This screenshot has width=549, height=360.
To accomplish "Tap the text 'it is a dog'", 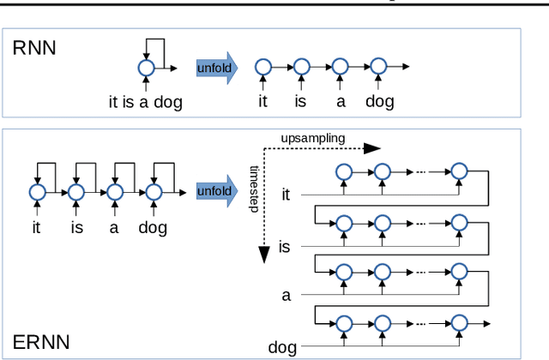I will [x=145, y=102].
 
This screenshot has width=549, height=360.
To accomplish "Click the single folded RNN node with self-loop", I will [x=145, y=67].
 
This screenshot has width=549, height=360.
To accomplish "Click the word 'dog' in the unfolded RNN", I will [x=379, y=102].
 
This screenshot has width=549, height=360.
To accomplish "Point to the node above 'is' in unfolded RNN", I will [x=301, y=67].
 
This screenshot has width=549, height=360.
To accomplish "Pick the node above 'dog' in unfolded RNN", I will [x=378, y=67].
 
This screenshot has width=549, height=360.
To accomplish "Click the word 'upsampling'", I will [x=312, y=138].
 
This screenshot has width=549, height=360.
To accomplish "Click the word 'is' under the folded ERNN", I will [x=75, y=228].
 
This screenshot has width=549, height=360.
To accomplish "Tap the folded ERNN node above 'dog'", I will [x=153, y=191].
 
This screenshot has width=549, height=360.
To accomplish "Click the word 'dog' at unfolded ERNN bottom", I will [x=282, y=347].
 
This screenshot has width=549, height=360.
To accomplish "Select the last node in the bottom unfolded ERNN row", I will [x=460, y=322].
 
